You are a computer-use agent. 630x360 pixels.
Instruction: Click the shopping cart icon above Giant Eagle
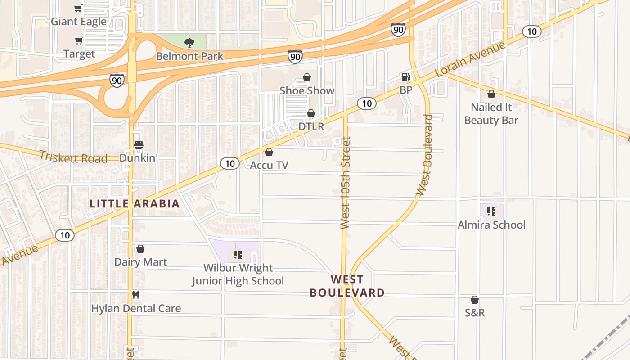coord(78,9)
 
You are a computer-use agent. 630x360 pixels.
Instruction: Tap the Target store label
coord(79,54)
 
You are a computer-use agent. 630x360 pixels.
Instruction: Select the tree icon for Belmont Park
coord(189,43)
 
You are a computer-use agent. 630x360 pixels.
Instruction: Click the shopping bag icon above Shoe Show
coord(307,77)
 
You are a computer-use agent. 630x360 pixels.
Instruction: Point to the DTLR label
coord(311,126)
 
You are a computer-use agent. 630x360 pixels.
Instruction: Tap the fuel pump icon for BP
coord(405,77)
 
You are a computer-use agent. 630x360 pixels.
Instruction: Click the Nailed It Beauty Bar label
coord(491,114)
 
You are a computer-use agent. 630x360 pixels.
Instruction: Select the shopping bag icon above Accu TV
coord(269,152)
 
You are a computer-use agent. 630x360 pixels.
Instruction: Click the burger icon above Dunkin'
coord(138,145)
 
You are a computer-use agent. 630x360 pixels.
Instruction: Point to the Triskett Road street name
coord(73,157)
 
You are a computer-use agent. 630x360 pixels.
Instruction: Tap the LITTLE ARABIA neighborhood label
coord(135,203)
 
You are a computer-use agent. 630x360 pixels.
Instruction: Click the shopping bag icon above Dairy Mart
coord(140,249)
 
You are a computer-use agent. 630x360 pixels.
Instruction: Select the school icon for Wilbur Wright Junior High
coord(238,255)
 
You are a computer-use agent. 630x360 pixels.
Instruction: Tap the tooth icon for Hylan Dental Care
coord(136,295)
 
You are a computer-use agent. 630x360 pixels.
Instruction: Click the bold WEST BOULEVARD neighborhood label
coord(347,286)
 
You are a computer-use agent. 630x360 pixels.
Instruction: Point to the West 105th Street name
coord(346,183)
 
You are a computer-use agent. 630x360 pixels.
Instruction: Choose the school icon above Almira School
coord(491,211)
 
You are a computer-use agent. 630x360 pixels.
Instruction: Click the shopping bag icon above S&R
coord(475,300)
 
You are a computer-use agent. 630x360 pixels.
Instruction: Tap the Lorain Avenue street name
coord(471,60)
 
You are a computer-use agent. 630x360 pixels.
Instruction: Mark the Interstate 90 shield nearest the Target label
coord(117,81)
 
